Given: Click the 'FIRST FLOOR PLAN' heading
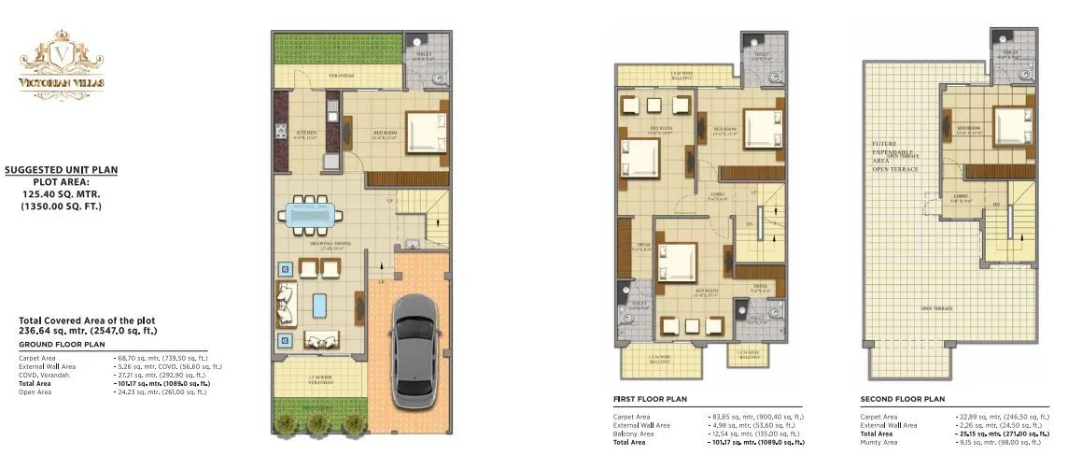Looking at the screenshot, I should [650, 398].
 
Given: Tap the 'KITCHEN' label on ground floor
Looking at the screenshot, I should [307, 134].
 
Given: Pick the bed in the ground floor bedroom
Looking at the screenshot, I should [427, 133].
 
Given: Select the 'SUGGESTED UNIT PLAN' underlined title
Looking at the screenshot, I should [61, 170].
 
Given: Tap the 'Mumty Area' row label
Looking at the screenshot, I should [880, 442].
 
